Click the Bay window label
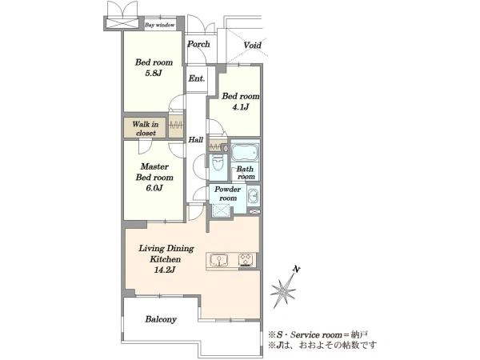[160, 25]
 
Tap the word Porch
[198, 44]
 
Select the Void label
[252, 46]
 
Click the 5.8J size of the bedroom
[154, 74]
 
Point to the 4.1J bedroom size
[240, 107]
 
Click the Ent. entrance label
[197, 78]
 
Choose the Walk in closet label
[146, 129]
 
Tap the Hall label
[196, 140]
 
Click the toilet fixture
[218, 163]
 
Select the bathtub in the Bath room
[245, 152]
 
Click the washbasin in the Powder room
[253, 195]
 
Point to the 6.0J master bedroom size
[154, 188]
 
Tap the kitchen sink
[219, 259]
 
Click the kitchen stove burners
[246, 259]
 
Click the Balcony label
[161, 319]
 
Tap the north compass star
[283, 290]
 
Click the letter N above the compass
[296, 270]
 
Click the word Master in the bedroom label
[154, 167]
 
